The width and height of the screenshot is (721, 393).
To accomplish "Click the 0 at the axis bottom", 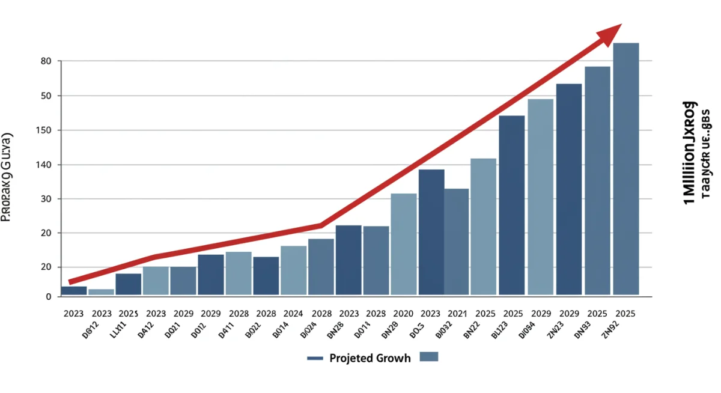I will coord(48,297).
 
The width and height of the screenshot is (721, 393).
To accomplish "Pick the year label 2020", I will coord(403,314).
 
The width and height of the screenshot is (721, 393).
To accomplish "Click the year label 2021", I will coord(457,314).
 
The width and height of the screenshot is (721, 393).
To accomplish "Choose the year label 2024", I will coord(293,314).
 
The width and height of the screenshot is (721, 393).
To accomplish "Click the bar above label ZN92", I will coord(625,168).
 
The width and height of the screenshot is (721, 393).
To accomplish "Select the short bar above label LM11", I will coord(101,291).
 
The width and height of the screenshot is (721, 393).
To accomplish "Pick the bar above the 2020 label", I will coord(403,243).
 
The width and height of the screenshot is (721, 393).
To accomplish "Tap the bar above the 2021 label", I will coord(457,241).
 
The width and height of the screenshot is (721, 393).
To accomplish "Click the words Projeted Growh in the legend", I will coord(370,358).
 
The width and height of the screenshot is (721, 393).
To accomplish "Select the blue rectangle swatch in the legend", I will coord(429,357).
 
